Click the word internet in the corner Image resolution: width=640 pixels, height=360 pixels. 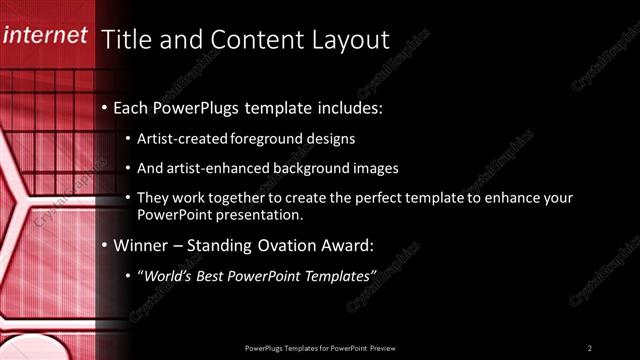coord(45,37)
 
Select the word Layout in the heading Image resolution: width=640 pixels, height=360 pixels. coord(346,39)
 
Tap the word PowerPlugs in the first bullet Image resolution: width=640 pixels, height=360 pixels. coord(195,106)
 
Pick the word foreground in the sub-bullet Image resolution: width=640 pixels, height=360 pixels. coord(262,138)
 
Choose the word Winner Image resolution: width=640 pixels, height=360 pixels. coord(141,244)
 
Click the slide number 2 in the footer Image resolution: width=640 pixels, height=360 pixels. coord(590,347)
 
